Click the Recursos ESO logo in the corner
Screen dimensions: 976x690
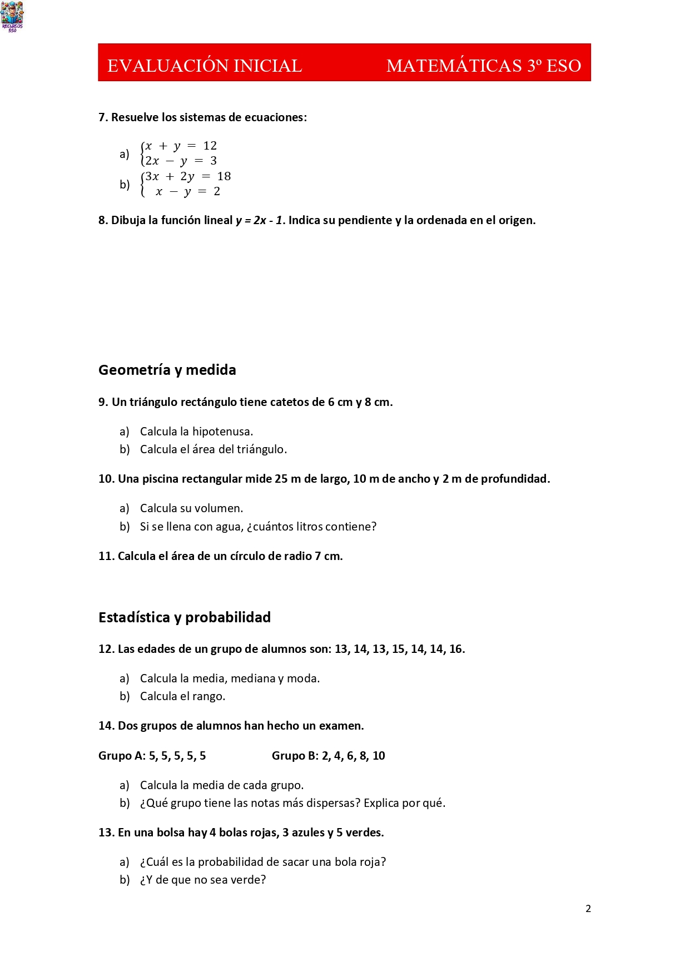coord(12,16)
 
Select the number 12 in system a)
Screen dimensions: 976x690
coord(210,146)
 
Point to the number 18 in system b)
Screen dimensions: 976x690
coord(224,176)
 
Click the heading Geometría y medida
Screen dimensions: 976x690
coord(167,370)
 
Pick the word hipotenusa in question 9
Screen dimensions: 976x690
coord(222,432)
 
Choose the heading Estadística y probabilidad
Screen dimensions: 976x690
coord(184,617)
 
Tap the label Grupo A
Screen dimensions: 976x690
coord(122,756)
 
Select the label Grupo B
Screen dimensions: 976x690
coord(295,756)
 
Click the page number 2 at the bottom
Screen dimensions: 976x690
coord(588,909)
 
